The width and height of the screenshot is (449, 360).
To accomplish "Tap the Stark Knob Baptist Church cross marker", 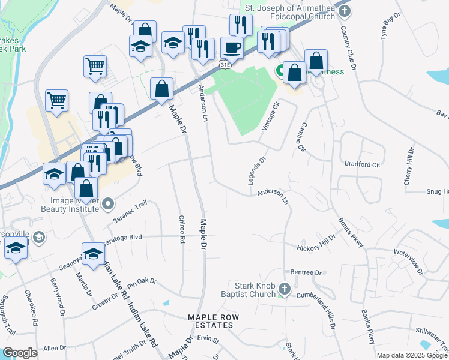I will tap(285, 291).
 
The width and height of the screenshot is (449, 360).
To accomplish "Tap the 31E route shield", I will tap(225, 64).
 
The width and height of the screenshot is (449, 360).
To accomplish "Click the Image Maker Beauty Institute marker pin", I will tap(108, 205).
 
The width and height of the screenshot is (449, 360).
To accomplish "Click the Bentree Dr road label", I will tap(306, 272).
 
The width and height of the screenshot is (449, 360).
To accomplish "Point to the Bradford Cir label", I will tap(363, 163).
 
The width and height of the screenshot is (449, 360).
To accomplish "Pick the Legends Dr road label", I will tap(257, 172).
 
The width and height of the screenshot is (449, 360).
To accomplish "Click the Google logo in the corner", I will tap(20, 353).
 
